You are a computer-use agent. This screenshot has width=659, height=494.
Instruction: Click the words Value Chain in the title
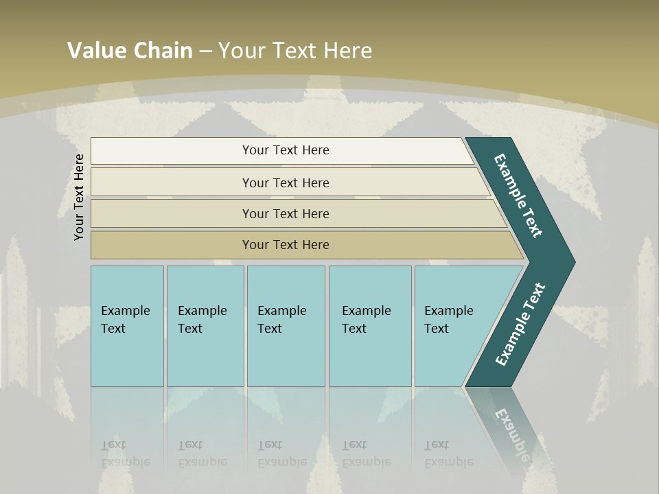tap(130, 51)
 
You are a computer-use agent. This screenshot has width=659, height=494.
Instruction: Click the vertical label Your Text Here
tap(80, 197)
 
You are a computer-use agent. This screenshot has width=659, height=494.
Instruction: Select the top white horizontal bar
tap(172, 151)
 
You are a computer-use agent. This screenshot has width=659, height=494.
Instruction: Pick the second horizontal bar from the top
tap(172, 183)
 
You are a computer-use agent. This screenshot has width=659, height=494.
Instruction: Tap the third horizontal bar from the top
tap(172, 213)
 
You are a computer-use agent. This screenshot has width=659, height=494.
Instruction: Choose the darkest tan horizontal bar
tap(172, 245)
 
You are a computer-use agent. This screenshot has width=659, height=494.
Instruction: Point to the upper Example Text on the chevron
tap(518, 196)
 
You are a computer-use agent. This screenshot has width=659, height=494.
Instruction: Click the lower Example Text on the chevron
tap(520, 325)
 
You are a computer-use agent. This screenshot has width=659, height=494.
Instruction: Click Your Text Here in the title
tap(295, 51)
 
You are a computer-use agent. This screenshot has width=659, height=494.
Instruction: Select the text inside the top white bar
tap(286, 150)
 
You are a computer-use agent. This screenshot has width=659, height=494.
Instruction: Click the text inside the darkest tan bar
tap(286, 245)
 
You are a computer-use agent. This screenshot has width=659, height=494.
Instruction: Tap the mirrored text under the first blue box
tap(125, 454)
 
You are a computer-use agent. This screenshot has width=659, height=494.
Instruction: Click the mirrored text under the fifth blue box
tap(448, 454)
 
